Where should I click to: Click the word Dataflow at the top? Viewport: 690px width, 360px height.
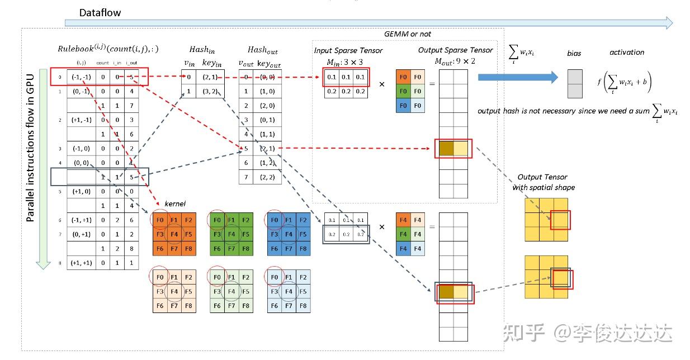click(100, 12)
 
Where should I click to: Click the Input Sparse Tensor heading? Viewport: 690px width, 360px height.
click(348, 50)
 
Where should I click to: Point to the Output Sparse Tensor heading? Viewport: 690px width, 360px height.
click(456, 50)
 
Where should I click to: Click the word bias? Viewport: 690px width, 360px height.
click(574, 53)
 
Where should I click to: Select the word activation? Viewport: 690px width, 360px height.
click(626, 52)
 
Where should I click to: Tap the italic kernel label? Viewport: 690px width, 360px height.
click(174, 203)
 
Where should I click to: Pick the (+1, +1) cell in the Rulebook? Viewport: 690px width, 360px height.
click(81, 262)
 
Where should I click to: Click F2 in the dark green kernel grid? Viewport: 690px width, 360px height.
click(246, 220)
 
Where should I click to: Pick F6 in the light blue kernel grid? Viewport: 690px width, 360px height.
click(274, 306)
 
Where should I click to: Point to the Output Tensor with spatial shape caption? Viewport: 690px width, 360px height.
click(543, 182)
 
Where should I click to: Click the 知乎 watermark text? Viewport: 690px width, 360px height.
click(524, 333)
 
